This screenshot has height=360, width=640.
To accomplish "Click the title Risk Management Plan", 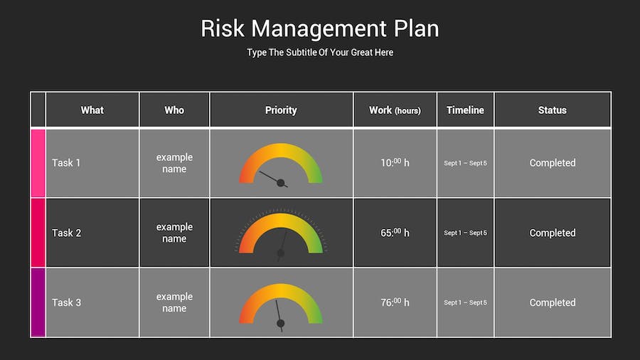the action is (x=320, y=29).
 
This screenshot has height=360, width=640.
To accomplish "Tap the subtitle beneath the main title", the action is (x=320, y=52).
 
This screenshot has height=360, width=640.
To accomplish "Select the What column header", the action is (x=92, y=110).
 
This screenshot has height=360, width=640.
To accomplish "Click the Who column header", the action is (x=174, y=110).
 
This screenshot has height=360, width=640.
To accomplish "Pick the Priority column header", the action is (x=281, y=110).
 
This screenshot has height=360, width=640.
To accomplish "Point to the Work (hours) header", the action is (x=395, y=110).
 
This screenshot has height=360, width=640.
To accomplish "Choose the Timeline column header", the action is (x=465, y=110).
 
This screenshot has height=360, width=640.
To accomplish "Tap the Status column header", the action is (x=553, y=110).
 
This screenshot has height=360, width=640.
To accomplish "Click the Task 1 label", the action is (x=66, y=163).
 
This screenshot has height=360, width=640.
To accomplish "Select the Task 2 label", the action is (x=67, y=233).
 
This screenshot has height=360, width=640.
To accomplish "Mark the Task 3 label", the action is (x=67, y=302).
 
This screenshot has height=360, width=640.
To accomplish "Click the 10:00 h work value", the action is (x=395, y=162).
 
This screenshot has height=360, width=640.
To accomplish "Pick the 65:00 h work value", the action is (x=395, y=232).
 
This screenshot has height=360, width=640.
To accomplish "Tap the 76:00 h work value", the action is (x=395, y=302).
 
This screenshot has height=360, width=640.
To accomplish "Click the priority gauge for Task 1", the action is (x=281, y=151).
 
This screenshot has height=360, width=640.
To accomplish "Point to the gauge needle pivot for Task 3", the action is (x=280, y=323).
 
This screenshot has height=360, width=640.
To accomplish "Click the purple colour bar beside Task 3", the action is (x=38, y=302).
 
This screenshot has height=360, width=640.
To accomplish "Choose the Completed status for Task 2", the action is (x=553, y=233).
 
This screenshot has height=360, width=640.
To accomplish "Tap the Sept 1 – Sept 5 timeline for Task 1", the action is (x=465, y=163).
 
